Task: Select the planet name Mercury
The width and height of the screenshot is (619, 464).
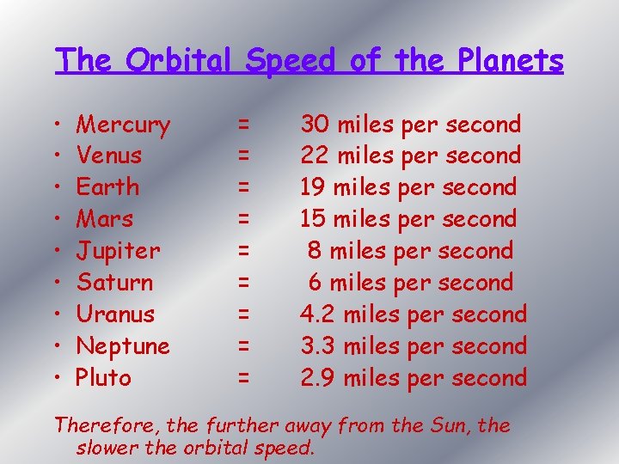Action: (x=123, y=125)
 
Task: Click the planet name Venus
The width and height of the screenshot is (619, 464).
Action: (x=109, y=156)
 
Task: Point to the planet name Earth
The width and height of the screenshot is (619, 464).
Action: (x=107, y=187)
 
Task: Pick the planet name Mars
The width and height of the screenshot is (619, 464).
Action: (x=104, y=219)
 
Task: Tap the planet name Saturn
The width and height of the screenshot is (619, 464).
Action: (x=114, y=283)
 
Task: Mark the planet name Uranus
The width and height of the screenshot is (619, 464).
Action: (x=115, y=314)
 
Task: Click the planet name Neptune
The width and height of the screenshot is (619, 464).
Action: (x=123, y=346)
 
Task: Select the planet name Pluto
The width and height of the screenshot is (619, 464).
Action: (x=103, y=378)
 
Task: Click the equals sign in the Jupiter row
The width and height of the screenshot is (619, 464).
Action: (x=244, y=251)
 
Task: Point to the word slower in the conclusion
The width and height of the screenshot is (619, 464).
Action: (x=107, y=448)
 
